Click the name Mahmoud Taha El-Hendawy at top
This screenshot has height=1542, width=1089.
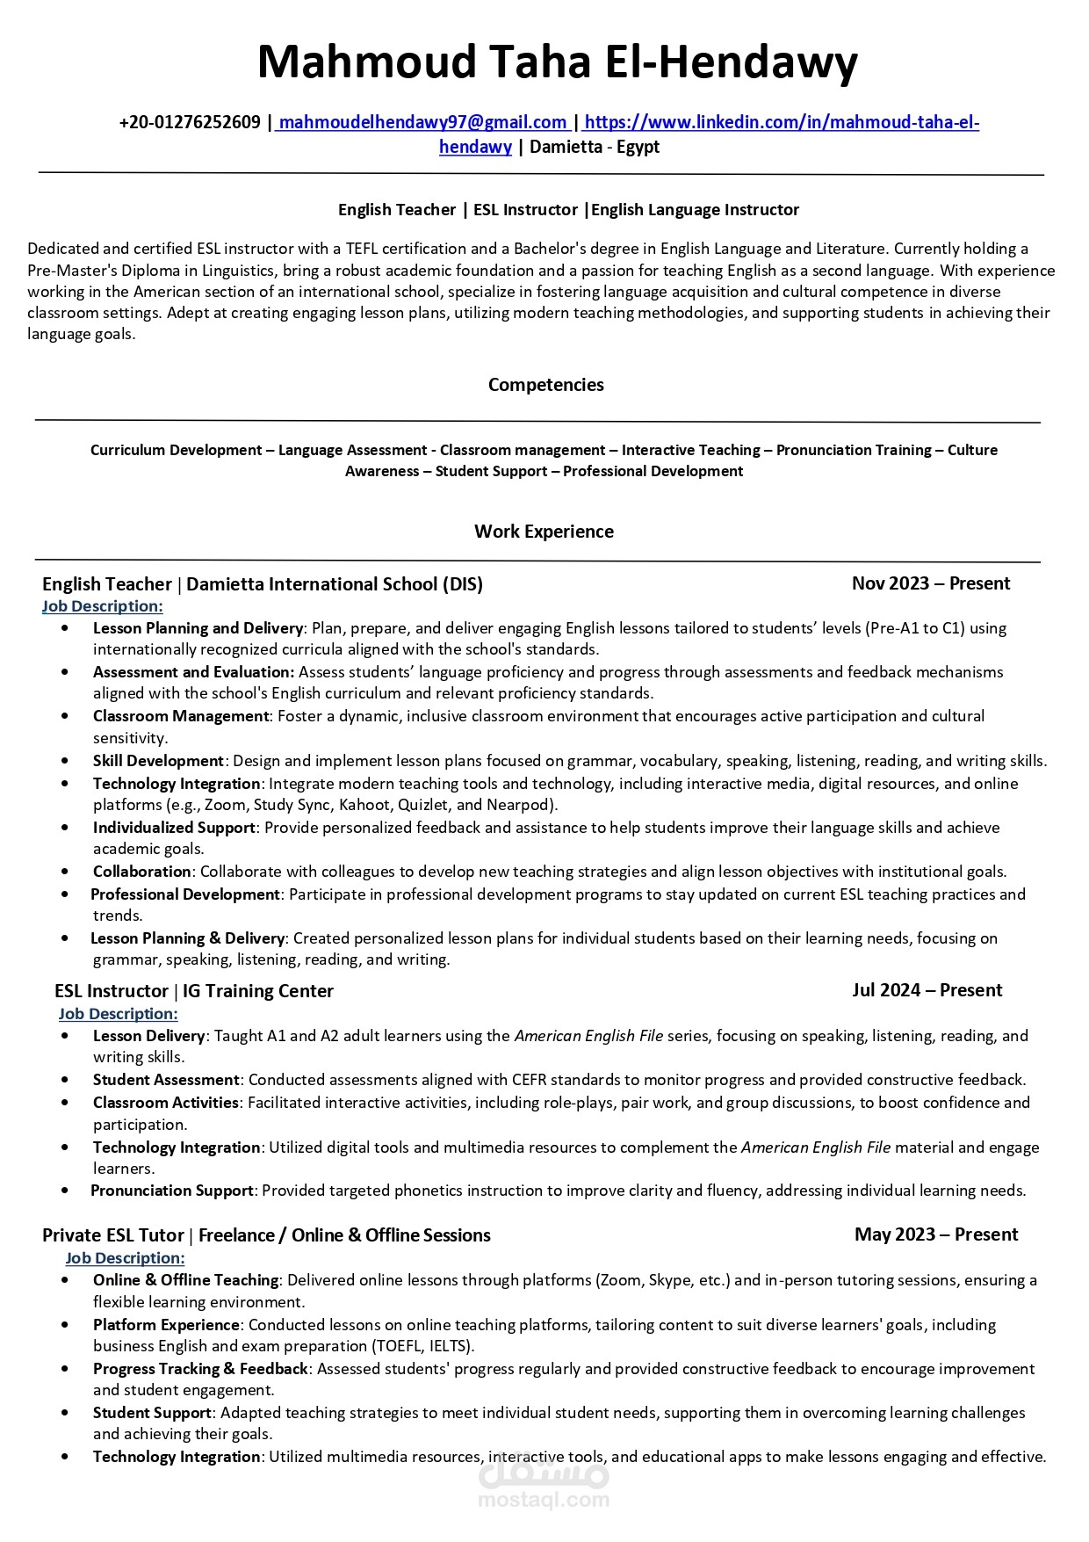[557, 63]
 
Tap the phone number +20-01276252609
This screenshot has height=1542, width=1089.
[190, 122]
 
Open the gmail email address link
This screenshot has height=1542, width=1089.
[422, 122]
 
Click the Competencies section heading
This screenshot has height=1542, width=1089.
[545, 385]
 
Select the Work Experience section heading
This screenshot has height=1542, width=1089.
[544, 532]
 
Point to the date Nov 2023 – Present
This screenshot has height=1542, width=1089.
[931, 583]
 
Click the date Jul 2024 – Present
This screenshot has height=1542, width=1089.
[927, 990]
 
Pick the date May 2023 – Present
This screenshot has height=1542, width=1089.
[936, 1234]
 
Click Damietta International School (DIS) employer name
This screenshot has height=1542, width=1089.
[335, 584]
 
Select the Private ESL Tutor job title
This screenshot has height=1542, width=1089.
[113, 1235]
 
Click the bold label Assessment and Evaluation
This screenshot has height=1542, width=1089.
[193, 672]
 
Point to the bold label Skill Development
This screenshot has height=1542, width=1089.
[158, 761]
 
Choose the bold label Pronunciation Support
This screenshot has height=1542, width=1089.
[172, 1191]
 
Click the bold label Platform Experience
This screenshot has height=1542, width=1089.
[166, 1324]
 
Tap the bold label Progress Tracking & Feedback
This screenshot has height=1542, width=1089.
[200, 1368]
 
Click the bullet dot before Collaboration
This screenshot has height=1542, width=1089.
[66, 872]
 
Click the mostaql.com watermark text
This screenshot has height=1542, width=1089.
[544, 1500]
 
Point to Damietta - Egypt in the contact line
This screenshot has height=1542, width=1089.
[595, 147]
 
